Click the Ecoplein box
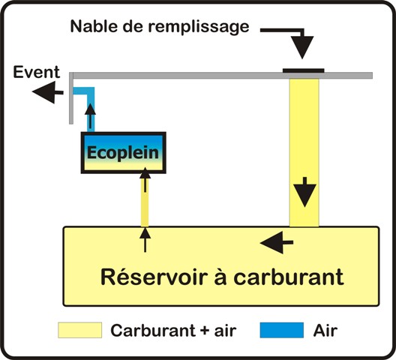click(x=123, y=152)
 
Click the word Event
click(x=36, y=72)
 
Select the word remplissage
click(x=199, y=27)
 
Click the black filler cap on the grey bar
click(x=303, y=70)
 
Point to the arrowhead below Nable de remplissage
click(x=302, y=47)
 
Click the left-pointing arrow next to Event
click(x=48, y=92)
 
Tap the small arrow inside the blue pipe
click(x=91, y=115)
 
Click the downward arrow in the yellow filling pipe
click(x=304, y=192)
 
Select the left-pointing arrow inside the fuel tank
click(x=277, y=242)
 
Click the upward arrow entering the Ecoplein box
click(x=145, y=179)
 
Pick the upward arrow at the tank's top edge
click(x=145, y=240)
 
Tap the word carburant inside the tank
click(x=289, y=277)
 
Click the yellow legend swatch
click(x=79, y=330)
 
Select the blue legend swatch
click(x=282, y=330)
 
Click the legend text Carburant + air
click(x=173, y=331)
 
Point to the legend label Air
click(x=325, y=331)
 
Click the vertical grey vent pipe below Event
click(x=71, y=98)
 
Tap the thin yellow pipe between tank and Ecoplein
click(x=145, y=201)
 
